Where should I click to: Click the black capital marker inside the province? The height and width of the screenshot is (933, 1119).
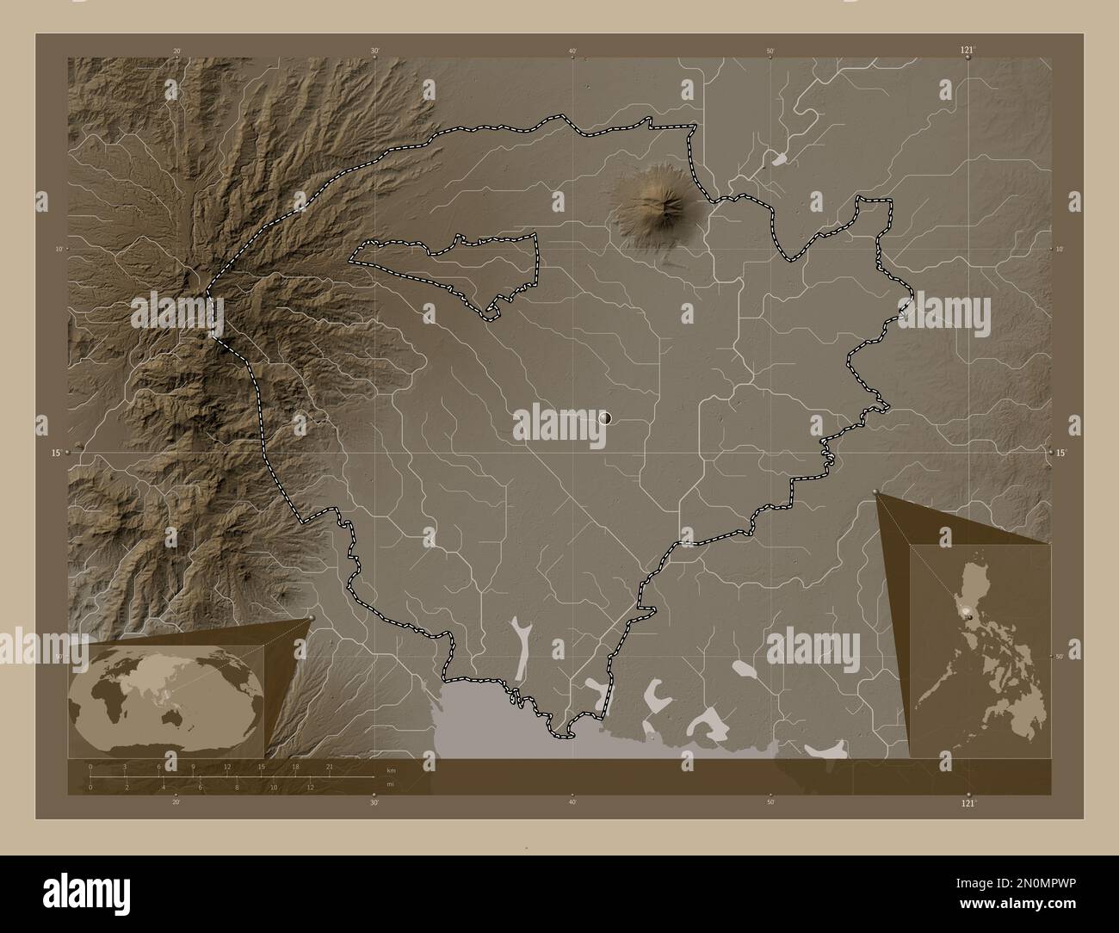605,417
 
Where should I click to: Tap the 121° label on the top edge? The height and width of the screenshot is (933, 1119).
968,51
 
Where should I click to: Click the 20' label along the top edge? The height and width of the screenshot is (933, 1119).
176,52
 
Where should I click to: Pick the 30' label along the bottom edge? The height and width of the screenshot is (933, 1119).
374,802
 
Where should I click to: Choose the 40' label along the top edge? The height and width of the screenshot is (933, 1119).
572,52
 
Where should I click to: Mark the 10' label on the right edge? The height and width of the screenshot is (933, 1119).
1059,249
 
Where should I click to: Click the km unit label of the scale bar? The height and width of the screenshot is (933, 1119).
391,769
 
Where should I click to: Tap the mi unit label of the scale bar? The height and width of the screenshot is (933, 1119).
390,786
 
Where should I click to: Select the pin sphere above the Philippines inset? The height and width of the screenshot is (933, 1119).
876,491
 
